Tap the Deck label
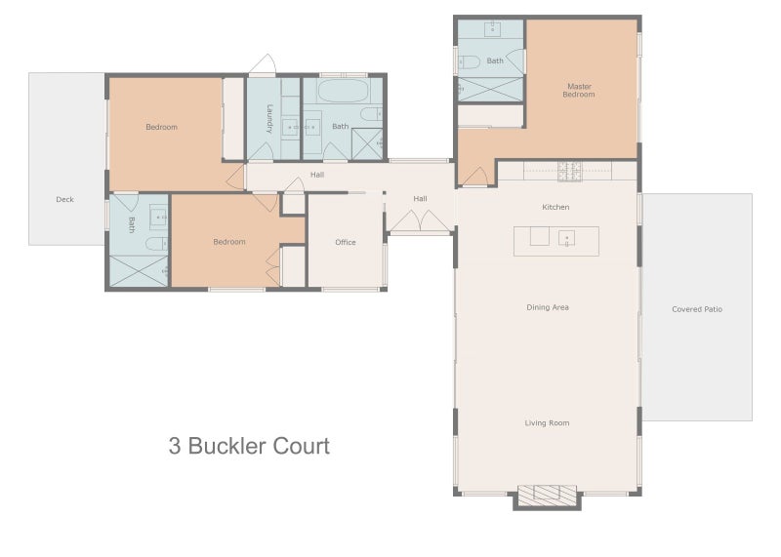[x=64, y=200]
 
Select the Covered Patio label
[x=697, y=309]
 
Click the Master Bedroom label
[x=579, y=90]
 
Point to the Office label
[x=346, y=242]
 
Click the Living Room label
[x=547, y=422]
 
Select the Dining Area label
[x=548, y=307]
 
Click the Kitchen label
[x=555, y=207]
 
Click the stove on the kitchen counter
[x=569, y=172]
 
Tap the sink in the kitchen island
[x=567, y=237]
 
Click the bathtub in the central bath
[x=342, y=95]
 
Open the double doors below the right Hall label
[x=419, y=223]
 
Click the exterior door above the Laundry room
[x=263, y=66]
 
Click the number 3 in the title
[x=175, y=447]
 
